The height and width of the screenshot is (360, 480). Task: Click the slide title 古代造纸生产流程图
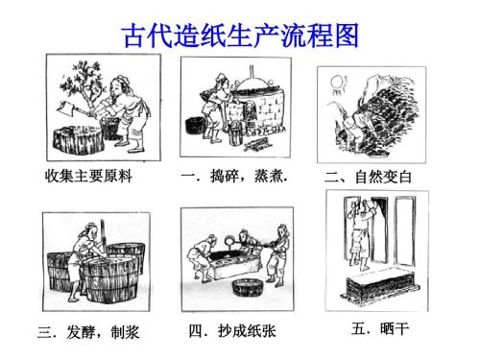(239, 36)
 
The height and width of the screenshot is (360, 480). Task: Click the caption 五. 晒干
(380, 328)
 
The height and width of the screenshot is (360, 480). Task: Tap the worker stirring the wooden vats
(89, 245)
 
